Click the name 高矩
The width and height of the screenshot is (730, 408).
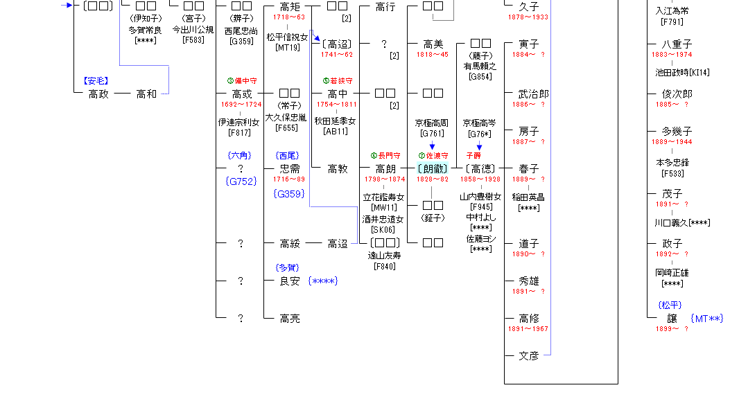coord(290,7)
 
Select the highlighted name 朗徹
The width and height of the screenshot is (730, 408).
coord(433,169)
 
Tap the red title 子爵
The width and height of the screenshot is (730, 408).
coord(473,156)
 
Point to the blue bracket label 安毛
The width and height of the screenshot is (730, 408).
coord(96,81)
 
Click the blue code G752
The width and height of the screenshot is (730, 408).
coord(241,181)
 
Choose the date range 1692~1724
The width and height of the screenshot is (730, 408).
coord(241,105)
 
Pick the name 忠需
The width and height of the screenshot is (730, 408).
coord(290,169)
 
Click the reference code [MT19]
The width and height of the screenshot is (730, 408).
coord(287,48)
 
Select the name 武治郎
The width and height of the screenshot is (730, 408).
coord(534,94)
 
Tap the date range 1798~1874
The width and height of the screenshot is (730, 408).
coord(385,179)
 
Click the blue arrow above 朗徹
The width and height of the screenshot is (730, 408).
coord(432,146)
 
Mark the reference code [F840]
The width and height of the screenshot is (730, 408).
coord(385,266)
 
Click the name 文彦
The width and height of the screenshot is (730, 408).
coord(529,356)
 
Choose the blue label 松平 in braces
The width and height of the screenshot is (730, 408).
coord(670,305)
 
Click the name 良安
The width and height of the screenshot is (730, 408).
coord(290,281)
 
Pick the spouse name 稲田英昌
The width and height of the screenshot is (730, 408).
coord(528,197)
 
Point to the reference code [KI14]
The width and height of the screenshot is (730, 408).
coord(701,72)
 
